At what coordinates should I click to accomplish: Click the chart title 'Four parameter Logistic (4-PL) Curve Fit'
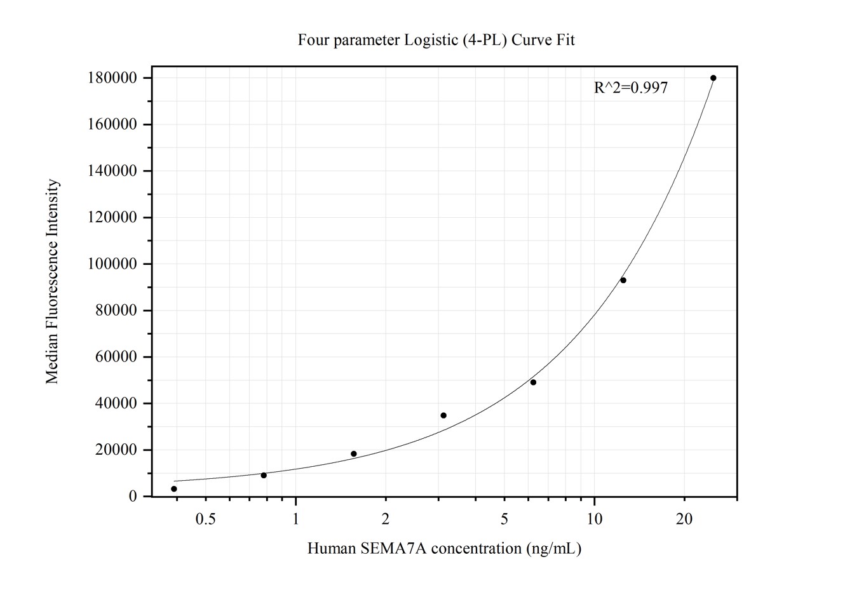pos(436,40)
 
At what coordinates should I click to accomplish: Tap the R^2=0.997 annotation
pos(630,88)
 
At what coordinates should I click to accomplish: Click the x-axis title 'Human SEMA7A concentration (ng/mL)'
pos(444,548)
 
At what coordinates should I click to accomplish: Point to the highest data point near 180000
pos(713,78)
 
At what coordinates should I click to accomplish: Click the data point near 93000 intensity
pos(623,280)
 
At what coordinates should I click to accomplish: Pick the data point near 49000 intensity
pos(533,382)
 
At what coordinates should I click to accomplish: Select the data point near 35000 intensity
pos(443,415)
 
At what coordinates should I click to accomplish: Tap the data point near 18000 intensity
pos(354,454)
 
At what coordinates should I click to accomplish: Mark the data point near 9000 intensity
pos(264,475)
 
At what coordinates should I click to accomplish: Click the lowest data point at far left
pos(174,489)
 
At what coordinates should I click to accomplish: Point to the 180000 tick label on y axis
pos(112,78)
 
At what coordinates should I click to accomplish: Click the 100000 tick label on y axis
pos(112,264)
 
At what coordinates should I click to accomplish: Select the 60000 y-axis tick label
pos(116,357)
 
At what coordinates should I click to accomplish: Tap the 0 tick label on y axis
pos(132,497)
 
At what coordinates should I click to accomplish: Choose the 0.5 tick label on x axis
pos(205,520)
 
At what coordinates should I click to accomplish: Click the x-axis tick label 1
pos(295,520)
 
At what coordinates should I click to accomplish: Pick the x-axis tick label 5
pos(504,520)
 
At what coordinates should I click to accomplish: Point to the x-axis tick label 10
pos(594,520)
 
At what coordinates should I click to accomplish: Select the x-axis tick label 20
pos(684,520)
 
